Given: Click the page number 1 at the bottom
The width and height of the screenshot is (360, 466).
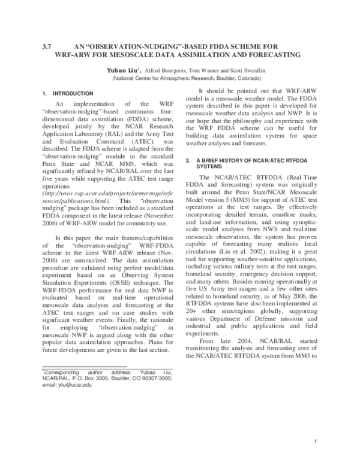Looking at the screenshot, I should (x=316, y=442).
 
